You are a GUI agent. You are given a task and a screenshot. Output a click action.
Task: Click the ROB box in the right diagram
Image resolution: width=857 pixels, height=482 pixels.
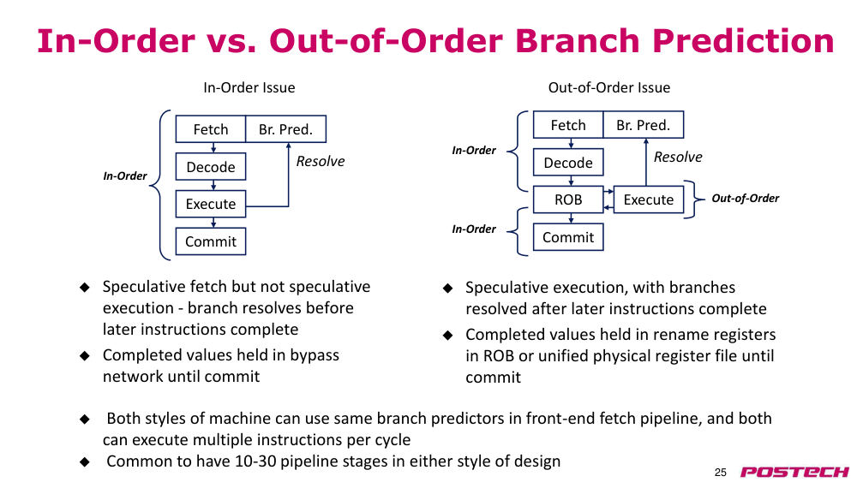click(568, 199)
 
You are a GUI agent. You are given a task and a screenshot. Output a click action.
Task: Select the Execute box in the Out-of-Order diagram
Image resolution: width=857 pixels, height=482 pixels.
click(649, 199)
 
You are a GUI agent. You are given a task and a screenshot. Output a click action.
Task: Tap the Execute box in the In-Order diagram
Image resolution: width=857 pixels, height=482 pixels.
click(211, 204)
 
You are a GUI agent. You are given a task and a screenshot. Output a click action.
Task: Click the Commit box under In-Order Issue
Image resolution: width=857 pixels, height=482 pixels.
click(211, 241)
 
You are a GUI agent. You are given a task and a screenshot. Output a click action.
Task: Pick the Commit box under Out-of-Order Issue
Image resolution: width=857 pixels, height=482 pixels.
click(568, 237)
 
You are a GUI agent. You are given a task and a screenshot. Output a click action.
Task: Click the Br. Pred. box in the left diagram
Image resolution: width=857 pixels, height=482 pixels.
click(286, 129)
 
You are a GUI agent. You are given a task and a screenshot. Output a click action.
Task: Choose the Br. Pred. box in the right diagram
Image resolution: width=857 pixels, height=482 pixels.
click(644, 125)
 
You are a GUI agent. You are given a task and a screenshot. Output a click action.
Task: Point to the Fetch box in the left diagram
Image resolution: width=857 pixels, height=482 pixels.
click(211, 129)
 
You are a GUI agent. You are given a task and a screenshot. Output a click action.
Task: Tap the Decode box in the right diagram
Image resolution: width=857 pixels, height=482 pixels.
click(568, 163)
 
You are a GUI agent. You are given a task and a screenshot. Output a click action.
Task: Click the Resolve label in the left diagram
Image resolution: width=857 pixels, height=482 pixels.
click(321, 162)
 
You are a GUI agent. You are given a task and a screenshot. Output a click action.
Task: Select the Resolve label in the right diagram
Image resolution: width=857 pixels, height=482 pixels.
click(678, 158)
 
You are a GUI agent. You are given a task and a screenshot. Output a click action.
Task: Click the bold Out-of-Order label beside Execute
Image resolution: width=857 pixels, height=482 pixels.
click(745, 199)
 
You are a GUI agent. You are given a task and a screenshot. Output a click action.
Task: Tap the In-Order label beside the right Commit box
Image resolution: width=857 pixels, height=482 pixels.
click(474, 229)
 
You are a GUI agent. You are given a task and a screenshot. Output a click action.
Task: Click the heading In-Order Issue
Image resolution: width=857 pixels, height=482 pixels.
click(249, 87)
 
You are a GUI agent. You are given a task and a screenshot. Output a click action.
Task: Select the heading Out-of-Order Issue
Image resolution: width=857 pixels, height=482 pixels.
click(608, 87)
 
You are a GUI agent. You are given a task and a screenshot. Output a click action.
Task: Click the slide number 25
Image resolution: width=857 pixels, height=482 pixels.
click(721, 473)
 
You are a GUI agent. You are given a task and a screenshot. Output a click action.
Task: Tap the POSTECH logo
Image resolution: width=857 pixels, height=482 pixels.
click(794, 472)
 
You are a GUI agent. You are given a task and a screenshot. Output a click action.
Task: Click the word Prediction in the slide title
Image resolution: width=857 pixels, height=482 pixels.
click(743, 41)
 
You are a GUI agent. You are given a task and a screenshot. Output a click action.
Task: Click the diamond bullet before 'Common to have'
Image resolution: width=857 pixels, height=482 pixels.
click(85, 461)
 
